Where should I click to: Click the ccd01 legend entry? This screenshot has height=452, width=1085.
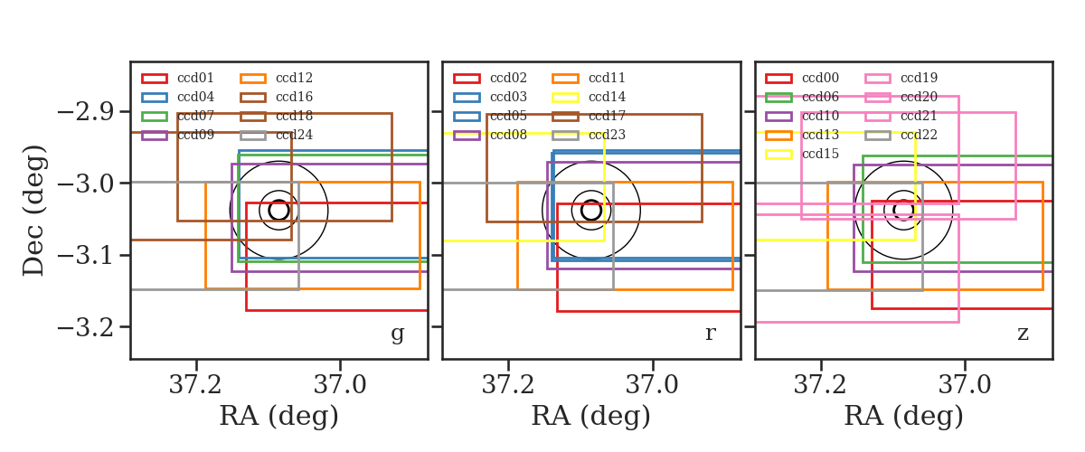click(x=178, y=78)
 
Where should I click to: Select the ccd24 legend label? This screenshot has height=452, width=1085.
click(x=295, y=135)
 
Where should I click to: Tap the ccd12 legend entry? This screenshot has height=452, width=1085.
click(x=277, y=78)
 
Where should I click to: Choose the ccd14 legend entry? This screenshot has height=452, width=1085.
click(x=589, y=97)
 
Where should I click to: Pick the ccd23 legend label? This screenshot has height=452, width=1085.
click(x=608, y=135)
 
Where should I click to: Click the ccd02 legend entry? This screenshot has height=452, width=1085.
click(x=490, y=78)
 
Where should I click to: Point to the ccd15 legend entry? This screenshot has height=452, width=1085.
click(x=802, y=154)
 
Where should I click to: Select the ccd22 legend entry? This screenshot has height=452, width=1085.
click(x=901, y=135)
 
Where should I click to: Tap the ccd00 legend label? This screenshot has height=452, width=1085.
click(x=821, y=78)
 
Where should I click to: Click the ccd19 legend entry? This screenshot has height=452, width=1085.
click(x=901, y=78)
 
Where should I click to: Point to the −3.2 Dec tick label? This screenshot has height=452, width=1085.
click(x=86, y=328)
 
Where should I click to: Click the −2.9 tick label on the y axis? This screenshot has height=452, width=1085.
click(x=86, y=112)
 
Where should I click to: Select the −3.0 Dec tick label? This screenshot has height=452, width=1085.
click(x=86, y=184)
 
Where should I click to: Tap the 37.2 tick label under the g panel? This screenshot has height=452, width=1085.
click(x=195, y=385)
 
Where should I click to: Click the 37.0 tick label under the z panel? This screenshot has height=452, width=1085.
click(x=965, y=385)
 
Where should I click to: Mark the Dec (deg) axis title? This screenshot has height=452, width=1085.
click(x=34, y=211)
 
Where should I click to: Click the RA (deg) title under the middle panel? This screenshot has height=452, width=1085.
click(x=591, y=416)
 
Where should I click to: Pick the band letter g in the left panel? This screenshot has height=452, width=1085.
click(x=397, y=334)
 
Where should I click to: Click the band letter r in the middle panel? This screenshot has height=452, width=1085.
click(x=710, y=333)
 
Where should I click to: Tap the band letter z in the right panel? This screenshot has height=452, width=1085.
click(x=1023, y=334)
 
